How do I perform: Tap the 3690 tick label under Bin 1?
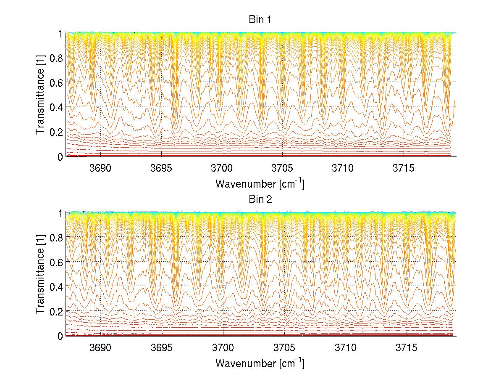(101, 168)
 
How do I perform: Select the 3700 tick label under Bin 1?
(222, 168)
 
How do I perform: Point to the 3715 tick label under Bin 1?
(404, 168)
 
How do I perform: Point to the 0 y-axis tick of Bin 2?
(60, 336)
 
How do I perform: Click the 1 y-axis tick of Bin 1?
(60, 33)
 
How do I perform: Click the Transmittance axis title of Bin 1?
(40, 95)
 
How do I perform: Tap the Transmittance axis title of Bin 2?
(40, 274)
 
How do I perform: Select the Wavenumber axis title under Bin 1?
(260, 183)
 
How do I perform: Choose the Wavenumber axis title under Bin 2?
(260, 363)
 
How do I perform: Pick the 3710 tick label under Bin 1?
(343, 168)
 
